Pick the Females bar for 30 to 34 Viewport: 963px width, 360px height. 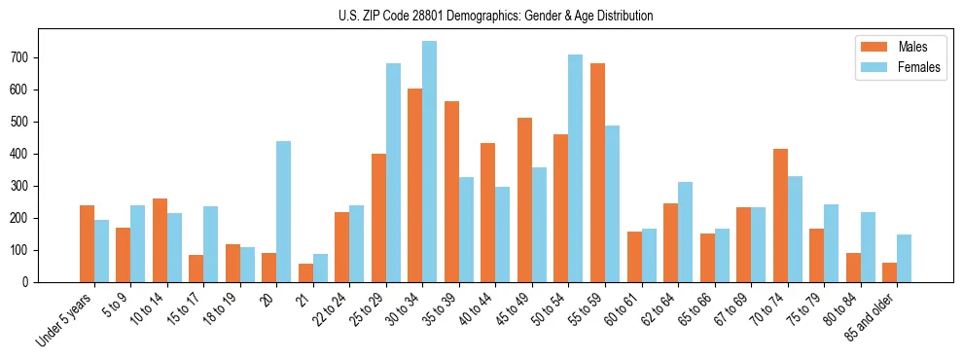tap(430, 162)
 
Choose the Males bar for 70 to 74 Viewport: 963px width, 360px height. tap(780, 215)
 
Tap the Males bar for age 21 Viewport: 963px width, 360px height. tap(305, 272)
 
